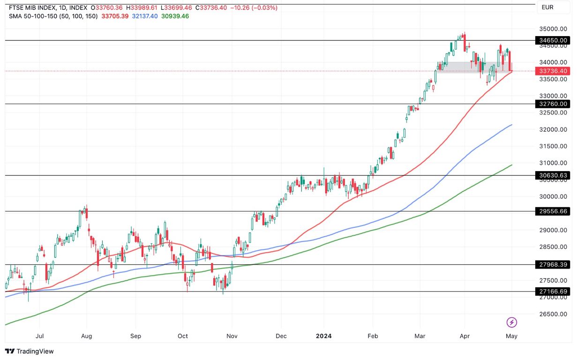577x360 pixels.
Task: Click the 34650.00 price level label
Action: (553, 41)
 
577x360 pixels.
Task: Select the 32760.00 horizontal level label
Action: (553, 104)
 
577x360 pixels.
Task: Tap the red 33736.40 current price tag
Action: (553, 71)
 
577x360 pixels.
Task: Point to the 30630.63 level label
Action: (553, 176)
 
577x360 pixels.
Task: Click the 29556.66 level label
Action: (553, 211)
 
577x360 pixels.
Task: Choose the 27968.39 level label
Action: (553, 265)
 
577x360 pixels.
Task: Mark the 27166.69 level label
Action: (553, 292)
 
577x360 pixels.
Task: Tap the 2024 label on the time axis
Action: (324, 336)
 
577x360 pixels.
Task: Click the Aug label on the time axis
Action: (87, 336)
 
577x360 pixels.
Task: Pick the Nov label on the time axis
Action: (232, 336)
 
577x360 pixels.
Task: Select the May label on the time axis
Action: (511, 336)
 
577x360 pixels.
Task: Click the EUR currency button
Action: (547, 7)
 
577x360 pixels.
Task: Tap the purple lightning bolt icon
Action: (512, 322)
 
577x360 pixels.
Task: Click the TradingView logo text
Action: (30, 351)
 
